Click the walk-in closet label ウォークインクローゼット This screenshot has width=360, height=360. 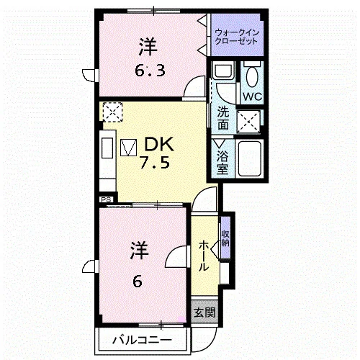click(x=237, y=37)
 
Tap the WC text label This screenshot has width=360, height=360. click(x=252, y=96)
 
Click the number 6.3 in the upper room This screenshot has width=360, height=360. click(x=150, y=71)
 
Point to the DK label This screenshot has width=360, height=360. click(x=159, y=144)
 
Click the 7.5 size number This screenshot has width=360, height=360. click(x=155, y=163)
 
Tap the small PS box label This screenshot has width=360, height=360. click(x=107, y=199)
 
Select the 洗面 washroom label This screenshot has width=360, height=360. click(x=223, y=117)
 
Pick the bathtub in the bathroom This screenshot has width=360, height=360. click(x=250, y=158)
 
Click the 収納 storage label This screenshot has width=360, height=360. click(x=225, y=238)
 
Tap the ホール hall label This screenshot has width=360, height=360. click(x=204, y=256)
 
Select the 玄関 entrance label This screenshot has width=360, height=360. click(x=204, y=312)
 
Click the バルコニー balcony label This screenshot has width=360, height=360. click(x=143, y=340)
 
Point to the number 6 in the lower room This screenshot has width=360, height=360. click(x=138, y=282)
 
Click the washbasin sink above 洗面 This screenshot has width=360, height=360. click(x=223, y=70)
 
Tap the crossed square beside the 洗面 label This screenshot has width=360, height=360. click(x=248, y=122)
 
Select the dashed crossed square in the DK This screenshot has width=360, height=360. click(x=112, y=112)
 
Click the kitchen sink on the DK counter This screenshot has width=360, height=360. click(x=107, y=148)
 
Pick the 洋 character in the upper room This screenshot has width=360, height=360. click(x=148, y=47)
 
